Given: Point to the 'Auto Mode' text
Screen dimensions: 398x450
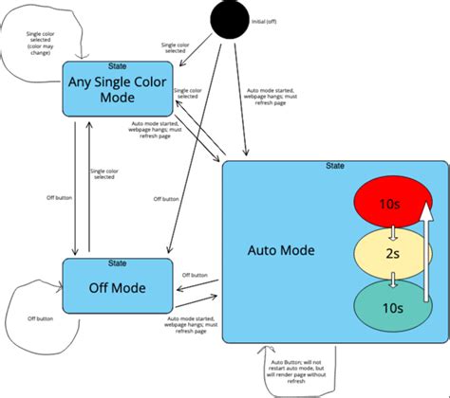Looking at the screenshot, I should (x=280, y=251).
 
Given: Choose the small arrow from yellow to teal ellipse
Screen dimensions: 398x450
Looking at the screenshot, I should (x=391, y=280).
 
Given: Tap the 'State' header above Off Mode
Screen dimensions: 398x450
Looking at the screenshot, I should (x=117, y=262).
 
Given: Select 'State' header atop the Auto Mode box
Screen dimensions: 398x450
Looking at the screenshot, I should (x=334, y=166).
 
